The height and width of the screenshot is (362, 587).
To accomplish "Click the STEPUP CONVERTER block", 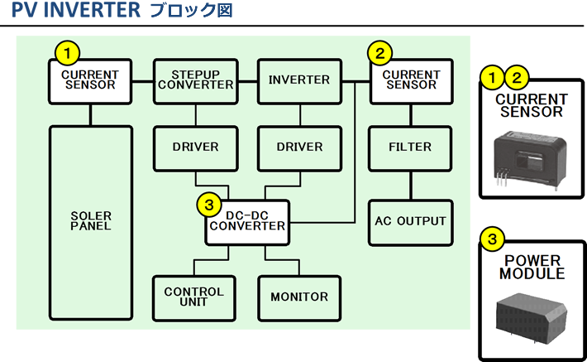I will (x=195, y=80).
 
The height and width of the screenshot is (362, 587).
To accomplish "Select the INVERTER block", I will (x=299, y=80).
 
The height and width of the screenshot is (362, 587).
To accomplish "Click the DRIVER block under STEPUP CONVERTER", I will (x=195, y=147).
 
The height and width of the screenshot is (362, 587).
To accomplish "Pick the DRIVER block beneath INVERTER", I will (x=299, y=147).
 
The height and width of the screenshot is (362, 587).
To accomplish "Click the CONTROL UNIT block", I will (x=194, y=297).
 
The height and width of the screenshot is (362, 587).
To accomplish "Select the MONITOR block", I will (x=299, y=297).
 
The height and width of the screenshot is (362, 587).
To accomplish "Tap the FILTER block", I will (x=410, y=147).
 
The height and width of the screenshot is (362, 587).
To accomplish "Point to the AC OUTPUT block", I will (x=410, y=222).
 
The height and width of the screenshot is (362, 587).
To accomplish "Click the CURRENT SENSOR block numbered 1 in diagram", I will (x=91, y=80).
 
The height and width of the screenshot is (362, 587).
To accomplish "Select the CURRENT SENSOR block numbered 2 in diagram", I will (x=411, y=80).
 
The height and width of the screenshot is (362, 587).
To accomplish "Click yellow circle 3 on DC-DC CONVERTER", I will (x=209, y=203).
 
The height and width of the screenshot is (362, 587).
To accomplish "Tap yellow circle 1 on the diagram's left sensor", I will (x=67, y=52).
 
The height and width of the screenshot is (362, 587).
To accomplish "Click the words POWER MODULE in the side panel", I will (x=532, y=267).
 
